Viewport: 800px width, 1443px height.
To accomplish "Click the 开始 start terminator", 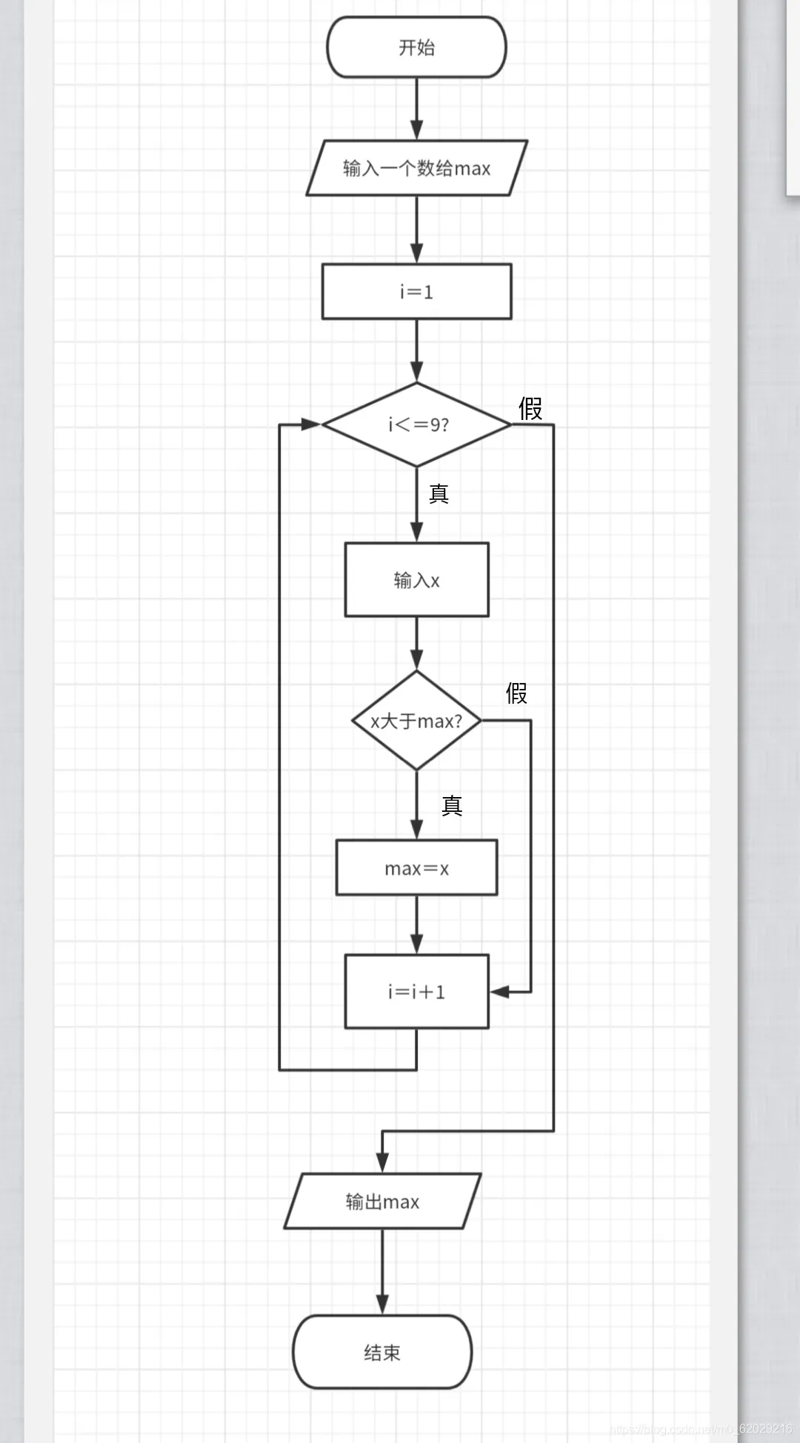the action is pyautogui.click(x=416, y=47).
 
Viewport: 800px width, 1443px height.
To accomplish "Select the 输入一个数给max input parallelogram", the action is pyautogui.click(x=416, y=168).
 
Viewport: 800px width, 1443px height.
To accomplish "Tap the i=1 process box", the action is pyautogui.click(x=416, y=291).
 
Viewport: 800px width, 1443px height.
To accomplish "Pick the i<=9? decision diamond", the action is pyautogui.click(x=416, y=424).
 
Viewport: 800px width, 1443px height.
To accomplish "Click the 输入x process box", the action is pyautogui.click(x=416, y=579).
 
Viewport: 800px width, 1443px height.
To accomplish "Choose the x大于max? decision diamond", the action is pyautogui.click(x=416, y=720).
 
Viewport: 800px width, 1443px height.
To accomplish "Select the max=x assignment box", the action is pyautogui.click(x=416, y=867).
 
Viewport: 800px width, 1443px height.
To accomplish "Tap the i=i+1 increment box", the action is pyautogui.click(x=416, y=991).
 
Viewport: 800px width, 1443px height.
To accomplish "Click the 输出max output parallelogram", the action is pyautogui.click(x=382, y=1201).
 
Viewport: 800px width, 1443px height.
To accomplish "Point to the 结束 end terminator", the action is pyautogui.click(x=382, y=1352).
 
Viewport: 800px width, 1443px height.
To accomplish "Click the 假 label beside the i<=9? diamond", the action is pyautogui.click(x=530, y=408).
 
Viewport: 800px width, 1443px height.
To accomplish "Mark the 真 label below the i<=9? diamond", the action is pyautogui.click(x=439, y=494).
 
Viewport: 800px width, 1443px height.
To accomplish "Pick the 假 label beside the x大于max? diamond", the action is pyautogui.click(x=516, y=693).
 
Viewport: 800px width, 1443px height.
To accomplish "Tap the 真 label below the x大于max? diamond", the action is pyautogui.click(x=452, y=805).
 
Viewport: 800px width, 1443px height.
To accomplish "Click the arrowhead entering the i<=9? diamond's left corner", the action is pyautogui.click(x=312, y=424).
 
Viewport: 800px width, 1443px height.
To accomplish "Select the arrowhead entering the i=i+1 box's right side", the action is pyautogui.click(x=500, y=991).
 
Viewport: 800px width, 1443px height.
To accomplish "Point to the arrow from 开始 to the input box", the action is pyautogui.click(x=416, y=109).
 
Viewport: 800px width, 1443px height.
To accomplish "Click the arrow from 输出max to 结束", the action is pyautogui.click(x=382, y=1272).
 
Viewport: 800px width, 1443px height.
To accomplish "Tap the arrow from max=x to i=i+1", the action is pyautogui.click(x=416, y=924).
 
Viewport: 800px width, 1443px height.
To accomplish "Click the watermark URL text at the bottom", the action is pyautogui.click(x=701, y=1429).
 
